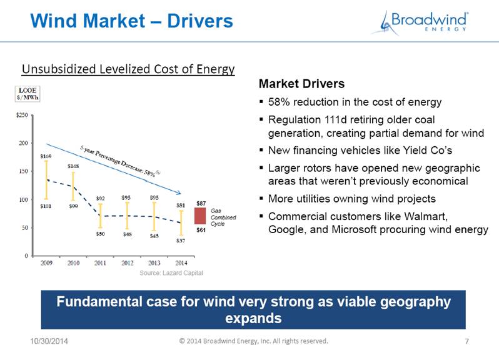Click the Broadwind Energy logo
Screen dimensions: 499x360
420,22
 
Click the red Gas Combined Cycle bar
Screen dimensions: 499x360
200,216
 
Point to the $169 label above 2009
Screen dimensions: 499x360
46,156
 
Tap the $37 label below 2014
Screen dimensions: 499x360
181,241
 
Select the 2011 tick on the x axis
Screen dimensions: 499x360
100,263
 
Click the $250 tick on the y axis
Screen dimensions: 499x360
22,115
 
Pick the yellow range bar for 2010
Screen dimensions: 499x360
73,186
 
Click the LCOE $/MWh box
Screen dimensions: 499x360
28,94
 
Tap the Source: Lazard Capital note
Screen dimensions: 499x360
171,273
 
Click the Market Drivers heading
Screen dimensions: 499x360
301,84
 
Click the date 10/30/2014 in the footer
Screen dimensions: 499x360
49,341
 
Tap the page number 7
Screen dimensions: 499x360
467,341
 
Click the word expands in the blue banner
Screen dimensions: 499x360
253,318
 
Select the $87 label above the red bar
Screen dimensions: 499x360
201,203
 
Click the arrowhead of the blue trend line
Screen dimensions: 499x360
179,192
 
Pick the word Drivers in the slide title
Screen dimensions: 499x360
200,21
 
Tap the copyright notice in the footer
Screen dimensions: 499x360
254,341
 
